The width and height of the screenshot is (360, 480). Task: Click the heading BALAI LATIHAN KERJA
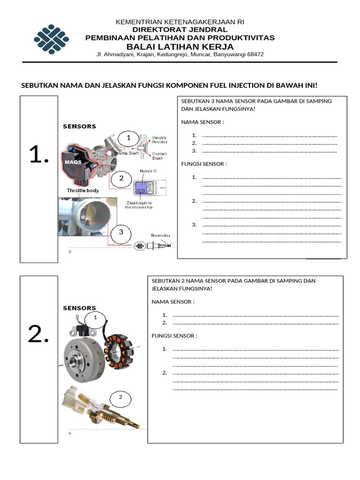coord(180,47)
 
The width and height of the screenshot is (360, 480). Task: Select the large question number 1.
coord(39,155)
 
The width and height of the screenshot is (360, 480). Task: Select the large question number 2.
coord(39,335)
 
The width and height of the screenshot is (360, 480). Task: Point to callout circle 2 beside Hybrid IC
coord(121,178)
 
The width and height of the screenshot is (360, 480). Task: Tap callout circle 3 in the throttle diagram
coord(121,232)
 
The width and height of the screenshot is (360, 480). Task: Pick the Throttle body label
coord(82,191)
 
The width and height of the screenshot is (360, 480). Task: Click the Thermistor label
coord(160,235)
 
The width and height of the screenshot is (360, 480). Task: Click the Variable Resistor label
coord(159,140)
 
